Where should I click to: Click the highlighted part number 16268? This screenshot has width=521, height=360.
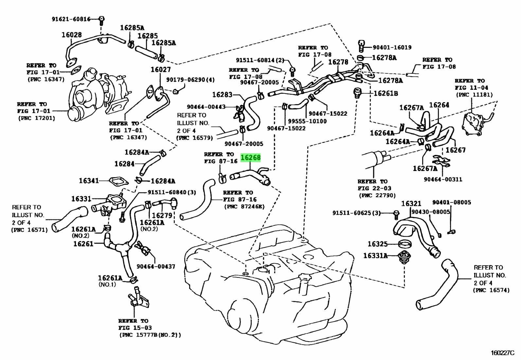click(251, 158)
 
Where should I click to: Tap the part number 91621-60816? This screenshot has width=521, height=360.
click(71, 19)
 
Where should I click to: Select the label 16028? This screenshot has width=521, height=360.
click(72, 35)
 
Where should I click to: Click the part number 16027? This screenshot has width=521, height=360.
click(160, 70)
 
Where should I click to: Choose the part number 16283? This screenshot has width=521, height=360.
click(222, 95)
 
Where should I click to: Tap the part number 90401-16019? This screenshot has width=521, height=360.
click(392, 47)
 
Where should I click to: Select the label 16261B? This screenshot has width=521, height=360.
click(386, 93)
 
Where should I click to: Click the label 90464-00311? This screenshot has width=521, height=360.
click(443, 179)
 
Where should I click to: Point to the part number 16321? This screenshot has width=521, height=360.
click(411, 204)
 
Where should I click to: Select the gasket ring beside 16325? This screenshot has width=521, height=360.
click(405, 244)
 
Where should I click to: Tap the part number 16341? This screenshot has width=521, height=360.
click(89, 180)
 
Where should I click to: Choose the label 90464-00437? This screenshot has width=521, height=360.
click(156, 267)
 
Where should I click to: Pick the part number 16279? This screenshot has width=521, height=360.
click(162, 215)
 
